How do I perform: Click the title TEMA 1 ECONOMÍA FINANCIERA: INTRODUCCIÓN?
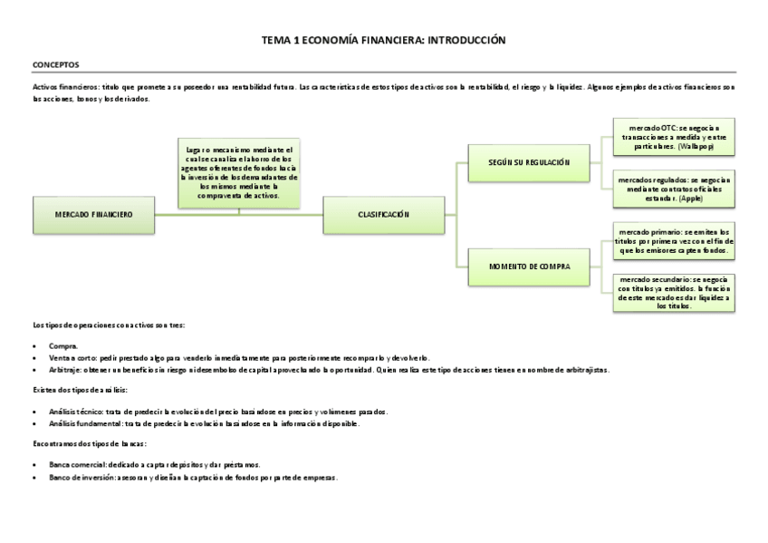tap(383, 41)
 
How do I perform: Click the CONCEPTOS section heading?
tap(56, 65)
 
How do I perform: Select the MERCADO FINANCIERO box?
tap(94, 214)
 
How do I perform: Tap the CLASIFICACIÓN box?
tap(384, 214)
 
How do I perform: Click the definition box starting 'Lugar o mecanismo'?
tap(239, 172)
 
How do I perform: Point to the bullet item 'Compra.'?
tap(63, 346)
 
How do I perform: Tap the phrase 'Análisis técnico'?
tap(77, 412)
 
